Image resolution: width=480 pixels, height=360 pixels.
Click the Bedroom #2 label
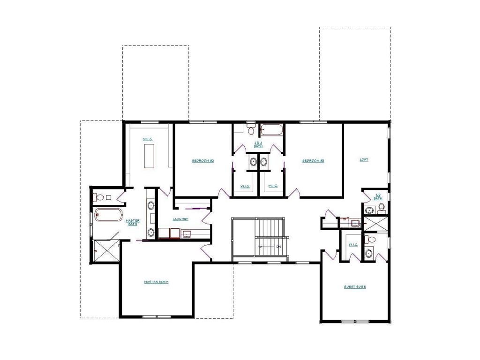[x=203, y=161]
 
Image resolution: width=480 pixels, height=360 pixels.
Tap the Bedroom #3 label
[x=313, y=161]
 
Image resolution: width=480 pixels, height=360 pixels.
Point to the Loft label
[x=364, y=160]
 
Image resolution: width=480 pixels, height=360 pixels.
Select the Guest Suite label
[x=355, y=287]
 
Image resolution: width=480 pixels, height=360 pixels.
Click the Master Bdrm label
[x=156, y=282]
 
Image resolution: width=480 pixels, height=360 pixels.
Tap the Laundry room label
[x=180, y=219]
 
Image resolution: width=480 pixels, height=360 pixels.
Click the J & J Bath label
[x=258, y=145]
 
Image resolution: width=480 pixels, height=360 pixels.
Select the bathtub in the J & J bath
[x=272, y=129]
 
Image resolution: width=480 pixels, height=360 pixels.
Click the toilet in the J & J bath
[x=250, y=129]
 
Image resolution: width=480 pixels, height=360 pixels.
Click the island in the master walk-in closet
[x=150, y=156]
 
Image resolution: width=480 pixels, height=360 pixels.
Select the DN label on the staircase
[x=278, y=247]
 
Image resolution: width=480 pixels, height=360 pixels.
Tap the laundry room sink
[x=187, y=232]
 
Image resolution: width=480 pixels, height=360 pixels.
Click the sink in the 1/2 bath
[x=369, y=210]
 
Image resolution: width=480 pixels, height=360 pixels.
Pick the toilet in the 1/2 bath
[x=381, y=210]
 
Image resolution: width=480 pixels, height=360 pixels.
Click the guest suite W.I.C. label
[x=353, y=244]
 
